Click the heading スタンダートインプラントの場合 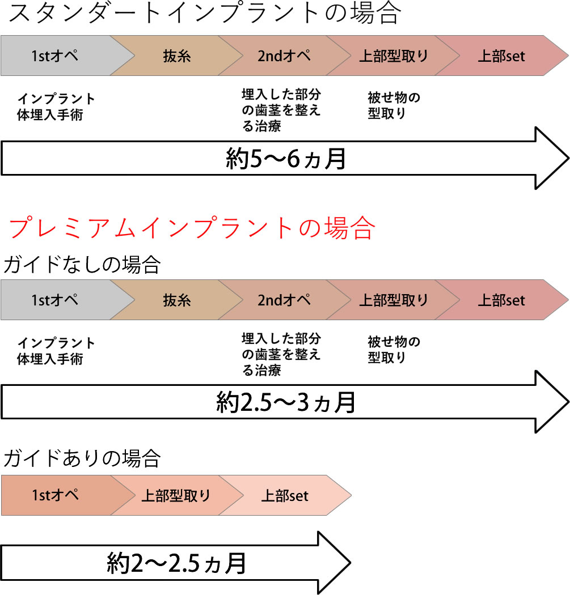tap(205, 14)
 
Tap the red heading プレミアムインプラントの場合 tap(192, 228)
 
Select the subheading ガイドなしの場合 tap(82, 264)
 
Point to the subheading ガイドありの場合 tap(82, 458)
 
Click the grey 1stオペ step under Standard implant tap(55, 56)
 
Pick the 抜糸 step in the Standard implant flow tap(177, 56)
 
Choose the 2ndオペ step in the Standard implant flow tap(284, 56)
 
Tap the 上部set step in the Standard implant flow tap(501, 56)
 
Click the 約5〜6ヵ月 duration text tap(285, 160)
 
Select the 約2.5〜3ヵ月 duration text tap(285, 402)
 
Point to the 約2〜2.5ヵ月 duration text tap(176, 563)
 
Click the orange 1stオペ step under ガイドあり tap(55, 495)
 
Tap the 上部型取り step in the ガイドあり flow tap(176, 495)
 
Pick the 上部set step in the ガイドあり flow tap(285, 495)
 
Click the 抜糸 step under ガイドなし tap(177, 299)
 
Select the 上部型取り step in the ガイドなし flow tap(394, 299)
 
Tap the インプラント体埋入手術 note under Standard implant tap(56, 107)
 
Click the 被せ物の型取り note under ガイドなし tap(394, 350)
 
